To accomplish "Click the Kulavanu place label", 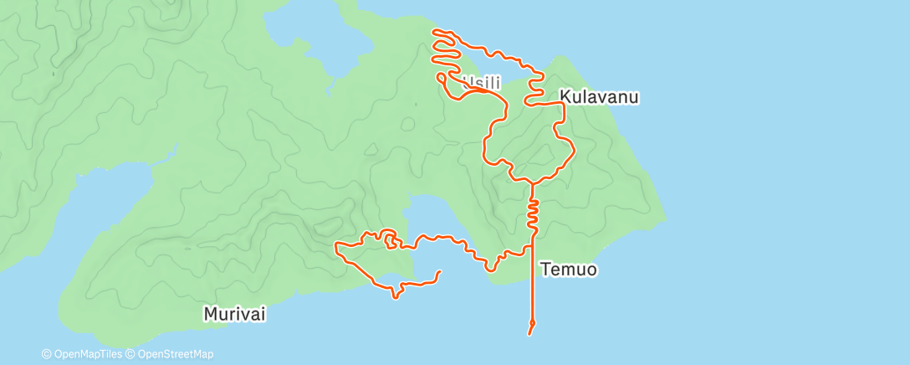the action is point(600,97).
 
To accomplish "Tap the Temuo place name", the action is point(569,270).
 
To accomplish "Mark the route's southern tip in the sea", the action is point(530,333).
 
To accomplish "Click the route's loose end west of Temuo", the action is point(440,271).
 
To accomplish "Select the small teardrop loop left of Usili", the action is point(441,77).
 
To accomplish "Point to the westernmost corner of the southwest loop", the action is point(336,246).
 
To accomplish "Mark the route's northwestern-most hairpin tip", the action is point(434,32).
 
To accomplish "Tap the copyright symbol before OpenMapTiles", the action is point(46,354).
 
